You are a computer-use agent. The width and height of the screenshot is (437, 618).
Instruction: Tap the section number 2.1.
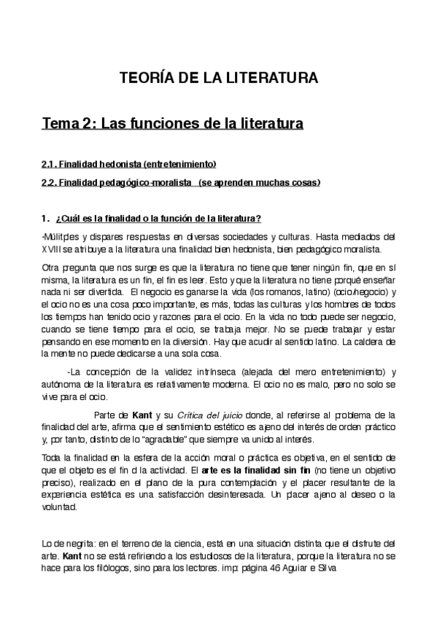[x=49, y=163]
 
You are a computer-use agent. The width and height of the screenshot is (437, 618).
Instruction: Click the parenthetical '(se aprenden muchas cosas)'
[x=259, y=182]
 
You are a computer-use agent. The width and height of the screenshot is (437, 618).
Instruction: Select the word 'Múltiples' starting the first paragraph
[x=61, y=237]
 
